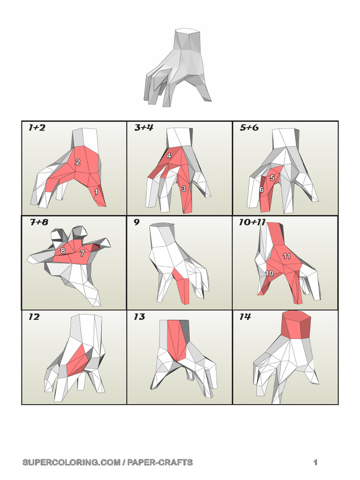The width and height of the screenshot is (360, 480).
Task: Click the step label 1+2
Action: pyautogui.click(x=37, y=127)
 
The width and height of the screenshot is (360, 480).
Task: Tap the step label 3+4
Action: pyautogui.click(x=143, y=127)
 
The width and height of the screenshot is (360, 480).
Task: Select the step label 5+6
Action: pyautogui.click(x=249, y=127)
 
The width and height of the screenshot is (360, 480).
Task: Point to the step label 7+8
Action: pyautogui.click(x=39, y=222)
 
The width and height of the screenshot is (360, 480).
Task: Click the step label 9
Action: pyautogui.click(x=136, y=222)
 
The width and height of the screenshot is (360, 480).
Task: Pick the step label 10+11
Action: pyautogui.click(x=252, y=222)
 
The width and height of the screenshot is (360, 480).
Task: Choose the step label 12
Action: pyautogui.click(x=34, y=316)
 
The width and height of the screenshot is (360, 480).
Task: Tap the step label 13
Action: pyautogui.click(x=139, y=316)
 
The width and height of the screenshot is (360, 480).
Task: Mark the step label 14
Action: pyautogui.click(x=245, y=316)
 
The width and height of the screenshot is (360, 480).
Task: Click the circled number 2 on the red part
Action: pyautogui.click(x=78, y=162)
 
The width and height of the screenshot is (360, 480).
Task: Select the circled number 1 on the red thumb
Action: pyautogui.click(x=96, y=192)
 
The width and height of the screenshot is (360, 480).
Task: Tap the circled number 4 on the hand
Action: pyautogui.click(x=169, y=156)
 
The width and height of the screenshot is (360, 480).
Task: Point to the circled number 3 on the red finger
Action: pyautogui.click(x=184, y=188)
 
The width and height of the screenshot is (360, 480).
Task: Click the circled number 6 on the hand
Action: pyautogui.click(x=261, y=189)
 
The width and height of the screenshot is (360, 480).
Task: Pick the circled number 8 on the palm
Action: pyautogui.click(x=63, y=250)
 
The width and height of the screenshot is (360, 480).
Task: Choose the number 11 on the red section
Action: pyautogui.click(x=286, y=256)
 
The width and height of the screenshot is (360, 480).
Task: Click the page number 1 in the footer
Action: pyautogui.click(x=315, y=462)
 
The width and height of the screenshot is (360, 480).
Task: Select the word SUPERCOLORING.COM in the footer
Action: pyautogui.click(x=72, y=462)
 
